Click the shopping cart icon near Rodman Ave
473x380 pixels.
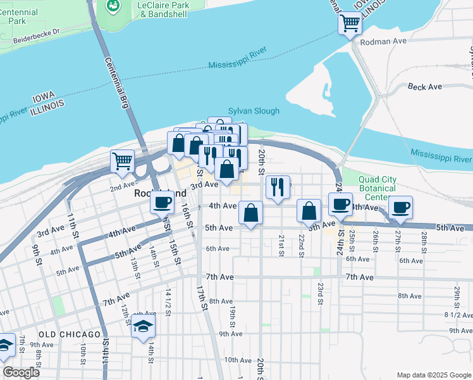pyautogui.click(x=350, y=24)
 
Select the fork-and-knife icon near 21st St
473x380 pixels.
pyautogui.click(x=278, y=186)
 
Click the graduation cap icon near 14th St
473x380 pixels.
pyautogui.click(x=144, y=327)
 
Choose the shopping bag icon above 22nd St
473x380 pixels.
pyautogui.click(x=308, y=210)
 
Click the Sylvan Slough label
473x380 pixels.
pyautogui.click(x=254, y=111)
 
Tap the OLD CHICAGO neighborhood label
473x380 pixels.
pyautogui.click(x=69, y=334)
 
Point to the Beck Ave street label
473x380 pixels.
pyautogui.click(x=425, y=87)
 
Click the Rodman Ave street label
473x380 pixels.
pyautogui.click(x=383, y=41)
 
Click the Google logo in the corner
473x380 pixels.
pyautogui.click(x=21, y=372)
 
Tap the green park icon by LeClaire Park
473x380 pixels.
pyautogui.click(x=113, y=6)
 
